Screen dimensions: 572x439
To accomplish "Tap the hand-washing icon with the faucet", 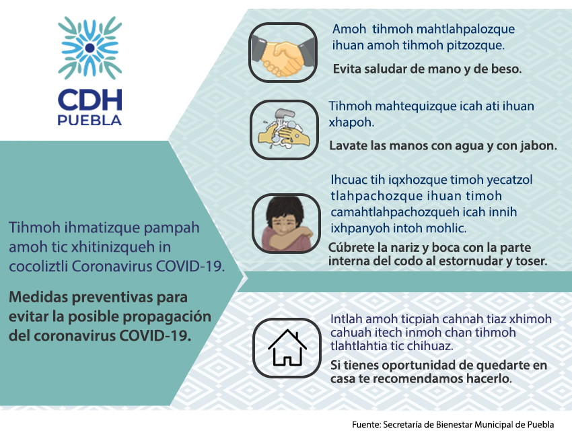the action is click(x=284, y=129).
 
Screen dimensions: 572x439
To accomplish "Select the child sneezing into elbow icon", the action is click(x=286, y=224).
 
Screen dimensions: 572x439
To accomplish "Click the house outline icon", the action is click(x=287, y=348).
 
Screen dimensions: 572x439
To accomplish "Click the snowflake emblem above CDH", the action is click(x=90, y=48).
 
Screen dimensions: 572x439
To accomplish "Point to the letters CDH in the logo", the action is click(x=90, y=100).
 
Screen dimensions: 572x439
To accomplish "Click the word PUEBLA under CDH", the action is click(x=90, y=121).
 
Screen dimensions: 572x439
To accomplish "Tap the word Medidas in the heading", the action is click(x=38, y=297).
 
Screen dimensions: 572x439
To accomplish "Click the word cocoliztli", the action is click(x=38, y=266).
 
